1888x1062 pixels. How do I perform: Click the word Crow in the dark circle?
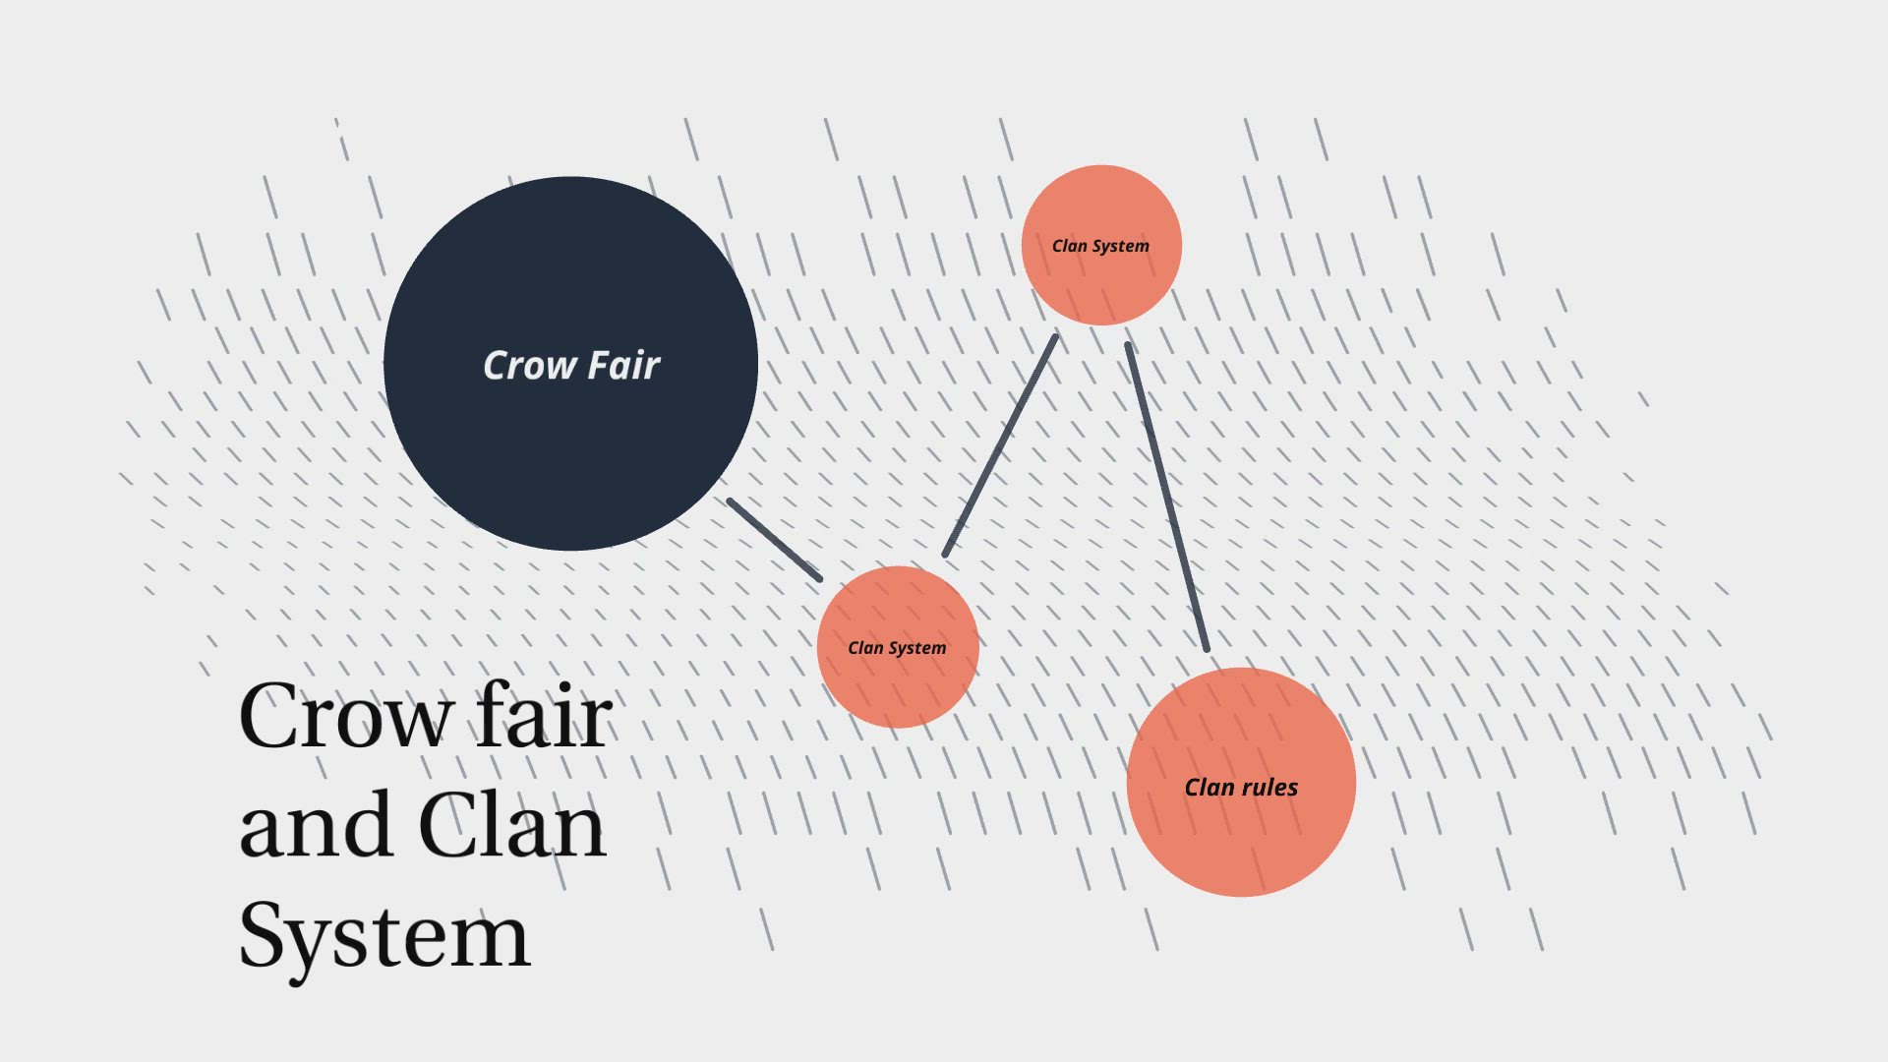(529, 366)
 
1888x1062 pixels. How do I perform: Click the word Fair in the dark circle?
(624, 366)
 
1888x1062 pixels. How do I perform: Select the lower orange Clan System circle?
(897, 688)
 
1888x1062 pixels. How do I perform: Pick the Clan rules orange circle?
(1241, 836)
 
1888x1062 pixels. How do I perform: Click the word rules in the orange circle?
(1269, 788)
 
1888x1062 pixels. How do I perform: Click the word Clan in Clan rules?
(1209, 788)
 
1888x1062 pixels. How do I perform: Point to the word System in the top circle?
(1120, 247)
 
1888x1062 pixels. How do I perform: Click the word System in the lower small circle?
(916, 649)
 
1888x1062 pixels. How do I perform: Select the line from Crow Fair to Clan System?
(774, 540)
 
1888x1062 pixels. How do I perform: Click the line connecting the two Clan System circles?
(1000, 445)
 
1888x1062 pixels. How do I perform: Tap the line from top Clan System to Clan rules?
(1167, 498)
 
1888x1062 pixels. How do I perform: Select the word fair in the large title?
(544, 716)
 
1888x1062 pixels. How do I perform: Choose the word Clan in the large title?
(511, 826)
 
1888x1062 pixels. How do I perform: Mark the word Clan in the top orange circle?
(1069, 247)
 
